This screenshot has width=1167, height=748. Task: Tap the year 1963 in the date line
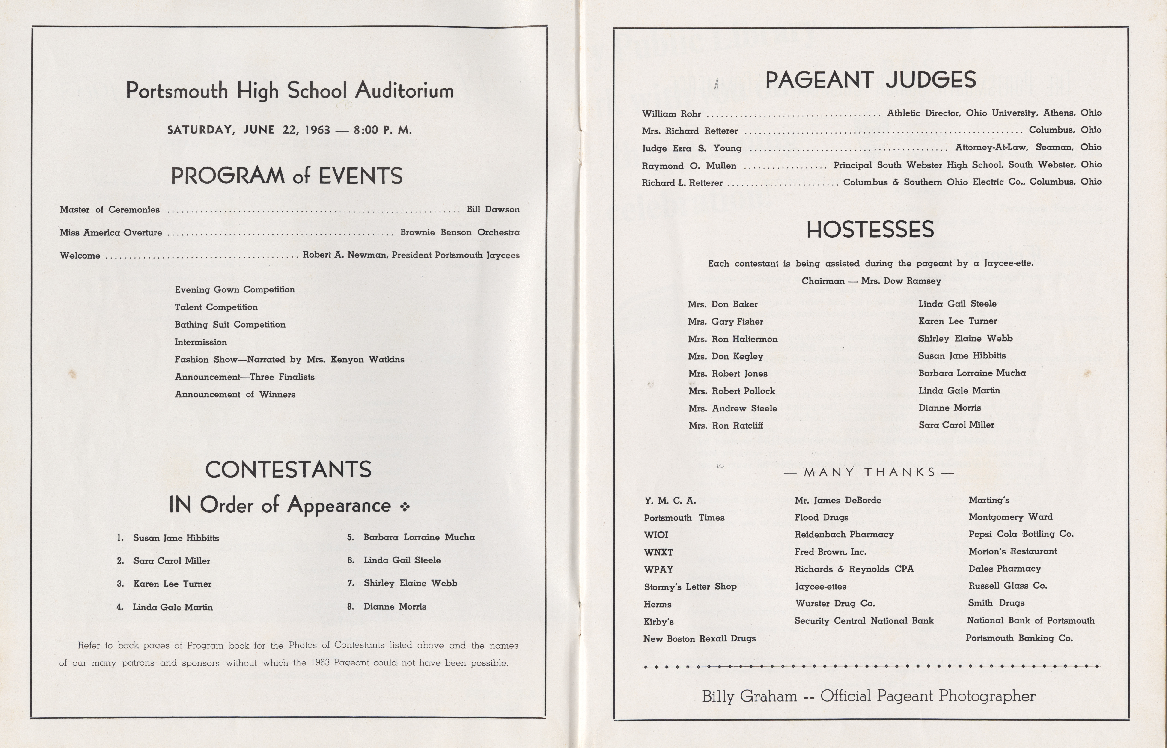[318, 130]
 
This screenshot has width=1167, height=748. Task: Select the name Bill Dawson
[493, 209]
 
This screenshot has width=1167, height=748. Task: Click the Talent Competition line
[216, 307]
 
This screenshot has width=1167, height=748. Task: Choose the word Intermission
[201, 342]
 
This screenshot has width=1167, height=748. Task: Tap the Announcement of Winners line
[235, 394]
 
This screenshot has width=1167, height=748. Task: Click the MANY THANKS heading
[869, 472]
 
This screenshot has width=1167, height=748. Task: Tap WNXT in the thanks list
[658, 552]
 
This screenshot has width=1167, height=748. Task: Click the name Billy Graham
[749, 697]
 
